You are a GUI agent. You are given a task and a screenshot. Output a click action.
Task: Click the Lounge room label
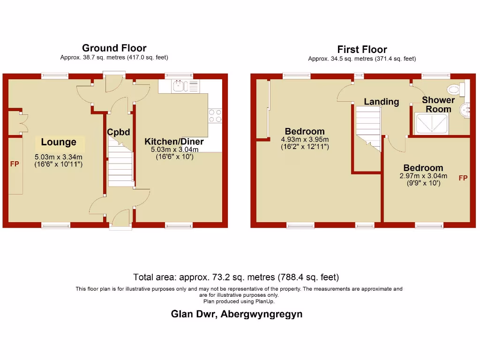pyautogui.click(x=59, y=142)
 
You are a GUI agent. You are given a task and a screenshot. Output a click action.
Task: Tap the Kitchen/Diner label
pyautogui.click(x=174, y=142)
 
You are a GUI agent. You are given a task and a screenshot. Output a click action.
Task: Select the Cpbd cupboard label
pyautogui.click(x=118, y=132)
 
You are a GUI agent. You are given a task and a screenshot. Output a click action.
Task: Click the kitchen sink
pyautogui.click(x=180, y=86)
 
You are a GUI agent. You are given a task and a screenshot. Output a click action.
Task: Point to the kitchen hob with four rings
pyautogui.click(x=215, y=116)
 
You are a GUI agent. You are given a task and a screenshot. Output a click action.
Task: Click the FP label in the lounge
pyautogui.click(x=15, y=165)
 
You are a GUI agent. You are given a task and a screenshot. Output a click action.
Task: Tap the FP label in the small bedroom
pyautogui.click(x=463, y=178)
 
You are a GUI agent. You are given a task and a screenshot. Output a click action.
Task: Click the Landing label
pyautogui.click(x=381, y=102)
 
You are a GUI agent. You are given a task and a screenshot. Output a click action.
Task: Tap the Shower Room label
pyautogui.click(x=438, y=105)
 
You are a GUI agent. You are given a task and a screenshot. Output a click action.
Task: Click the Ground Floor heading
pyautogui.click(x=114, y=48)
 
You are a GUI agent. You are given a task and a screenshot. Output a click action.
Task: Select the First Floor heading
pyautogui.click(x=362, y=50)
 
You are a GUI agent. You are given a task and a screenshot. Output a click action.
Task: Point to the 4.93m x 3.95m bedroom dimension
pyautogui.click(x=305, y=140)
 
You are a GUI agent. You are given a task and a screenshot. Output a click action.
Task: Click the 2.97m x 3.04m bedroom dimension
pyautogui.click(x=423, y=176)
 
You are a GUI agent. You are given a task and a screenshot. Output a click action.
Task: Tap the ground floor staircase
pyautogui.click(x=121, y=165)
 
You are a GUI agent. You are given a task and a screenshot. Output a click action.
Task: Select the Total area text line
pyautogui.click(x=236, y=277)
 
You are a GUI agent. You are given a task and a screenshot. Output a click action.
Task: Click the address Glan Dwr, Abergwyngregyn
pyautogui.click(x=236, y=314)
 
